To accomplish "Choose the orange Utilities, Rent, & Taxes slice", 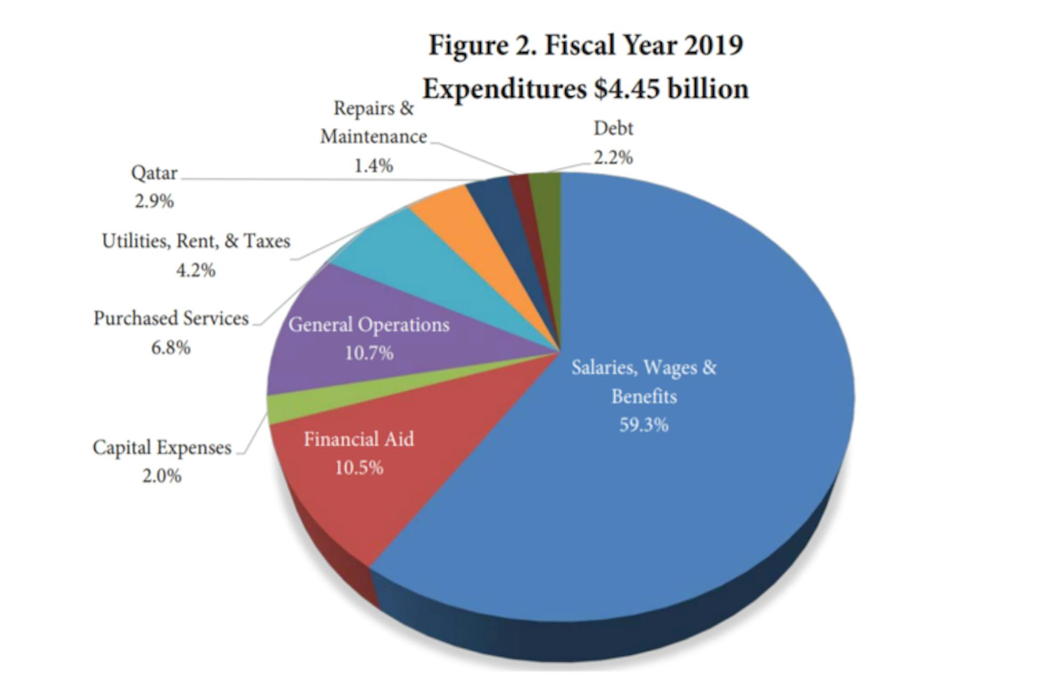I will pos(463,218).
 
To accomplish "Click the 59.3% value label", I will pos(644,425).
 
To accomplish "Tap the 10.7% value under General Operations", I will pos(369,353).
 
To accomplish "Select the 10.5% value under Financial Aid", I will pos(359,468).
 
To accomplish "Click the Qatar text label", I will pos(154,173).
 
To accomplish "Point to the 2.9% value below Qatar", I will pos(154,202).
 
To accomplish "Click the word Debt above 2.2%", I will pos(613,128).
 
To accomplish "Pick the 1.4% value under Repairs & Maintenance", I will pos(373,166).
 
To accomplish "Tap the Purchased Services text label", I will pos(171,318).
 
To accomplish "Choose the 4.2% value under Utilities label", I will pos(196,270).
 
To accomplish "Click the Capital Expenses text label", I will pos(162,447).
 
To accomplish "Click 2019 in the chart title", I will pos(713,45).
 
